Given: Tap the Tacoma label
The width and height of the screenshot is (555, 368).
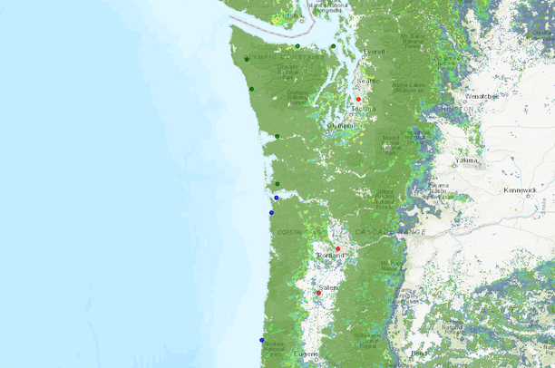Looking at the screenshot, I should (x=364, y=109).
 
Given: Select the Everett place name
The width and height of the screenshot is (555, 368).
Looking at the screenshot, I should (x=375, y=52).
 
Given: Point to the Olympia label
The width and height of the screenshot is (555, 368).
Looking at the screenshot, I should (x=342, y=125).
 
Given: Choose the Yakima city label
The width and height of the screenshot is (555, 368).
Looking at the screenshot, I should (x=466, y=160).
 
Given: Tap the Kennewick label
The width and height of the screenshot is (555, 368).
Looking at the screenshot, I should (x=522, y=191).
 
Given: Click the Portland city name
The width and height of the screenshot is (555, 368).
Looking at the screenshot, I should (x=331, y=256).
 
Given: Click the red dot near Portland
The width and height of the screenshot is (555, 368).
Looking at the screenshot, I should (x=337, y=248).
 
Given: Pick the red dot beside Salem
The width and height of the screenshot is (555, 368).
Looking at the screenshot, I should (x=319, y=293).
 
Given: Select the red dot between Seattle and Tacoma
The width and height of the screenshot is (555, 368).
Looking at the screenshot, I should (x=359, y=98).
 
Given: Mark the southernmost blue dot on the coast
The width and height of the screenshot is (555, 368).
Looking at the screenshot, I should (x=262, y=340).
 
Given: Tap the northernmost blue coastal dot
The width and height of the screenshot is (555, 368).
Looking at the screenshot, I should (x=276, y=197).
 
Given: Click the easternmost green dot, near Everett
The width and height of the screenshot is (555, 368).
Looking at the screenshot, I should (x=333, y=46).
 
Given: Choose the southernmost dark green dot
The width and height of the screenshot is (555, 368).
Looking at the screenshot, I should (x=277, y=184).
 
